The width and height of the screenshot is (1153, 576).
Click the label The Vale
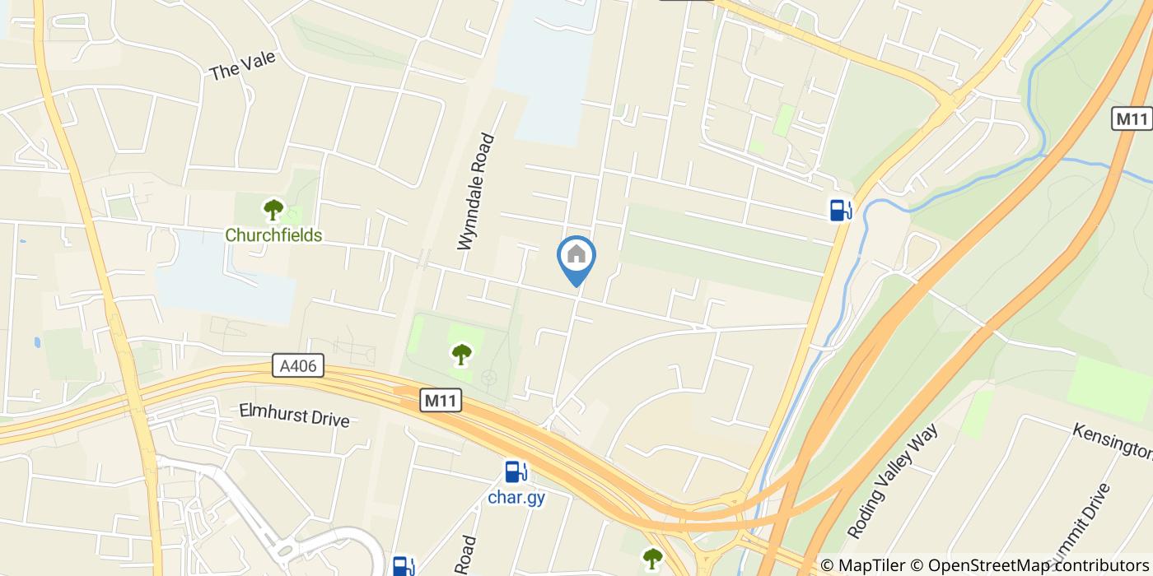242,66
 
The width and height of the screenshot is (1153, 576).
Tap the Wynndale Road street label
477,192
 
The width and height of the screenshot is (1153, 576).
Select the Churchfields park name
273,235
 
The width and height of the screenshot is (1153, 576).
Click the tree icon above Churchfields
273,210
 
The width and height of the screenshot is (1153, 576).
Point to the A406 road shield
298,366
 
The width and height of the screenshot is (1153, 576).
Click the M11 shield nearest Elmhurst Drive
441,401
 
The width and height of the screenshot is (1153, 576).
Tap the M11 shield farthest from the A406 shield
1132,118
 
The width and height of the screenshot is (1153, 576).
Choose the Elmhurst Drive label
294,414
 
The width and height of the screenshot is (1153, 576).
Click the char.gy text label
516,497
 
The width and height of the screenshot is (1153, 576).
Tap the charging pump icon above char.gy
516,472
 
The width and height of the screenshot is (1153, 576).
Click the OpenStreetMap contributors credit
1038,564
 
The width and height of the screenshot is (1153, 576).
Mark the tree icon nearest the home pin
462,355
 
